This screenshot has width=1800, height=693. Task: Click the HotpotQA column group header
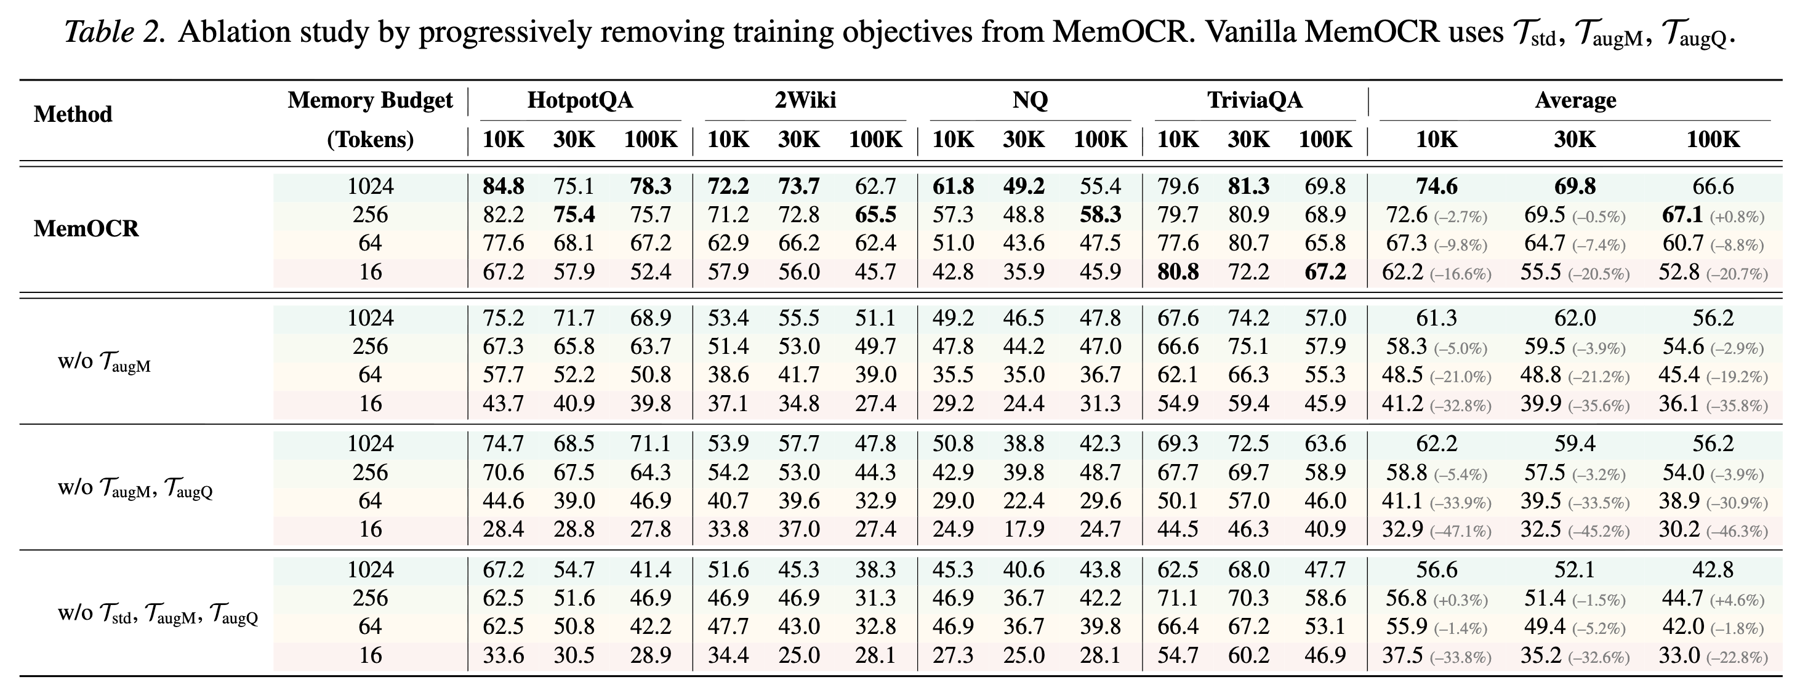579,100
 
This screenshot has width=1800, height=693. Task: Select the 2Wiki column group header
805,100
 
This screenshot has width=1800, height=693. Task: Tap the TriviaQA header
1255,100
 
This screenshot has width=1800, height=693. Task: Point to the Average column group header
1575,100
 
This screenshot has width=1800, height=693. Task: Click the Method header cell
73,114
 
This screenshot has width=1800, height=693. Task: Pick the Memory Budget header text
371,100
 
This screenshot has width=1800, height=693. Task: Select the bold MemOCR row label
86,228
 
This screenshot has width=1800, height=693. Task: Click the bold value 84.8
503,186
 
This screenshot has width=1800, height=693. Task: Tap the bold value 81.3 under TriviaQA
1248,186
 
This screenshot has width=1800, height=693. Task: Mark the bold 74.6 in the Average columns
1437,186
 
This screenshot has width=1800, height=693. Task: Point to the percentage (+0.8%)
1737,217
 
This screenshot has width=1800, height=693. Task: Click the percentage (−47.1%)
1460,531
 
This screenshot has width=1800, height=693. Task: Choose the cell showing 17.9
1024,529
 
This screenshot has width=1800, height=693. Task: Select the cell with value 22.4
1024,501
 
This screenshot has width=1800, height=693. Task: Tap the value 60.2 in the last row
1248,655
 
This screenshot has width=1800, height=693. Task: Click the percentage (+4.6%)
1737,600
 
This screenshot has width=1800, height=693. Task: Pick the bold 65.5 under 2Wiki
875,214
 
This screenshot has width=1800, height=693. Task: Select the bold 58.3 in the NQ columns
1101,214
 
